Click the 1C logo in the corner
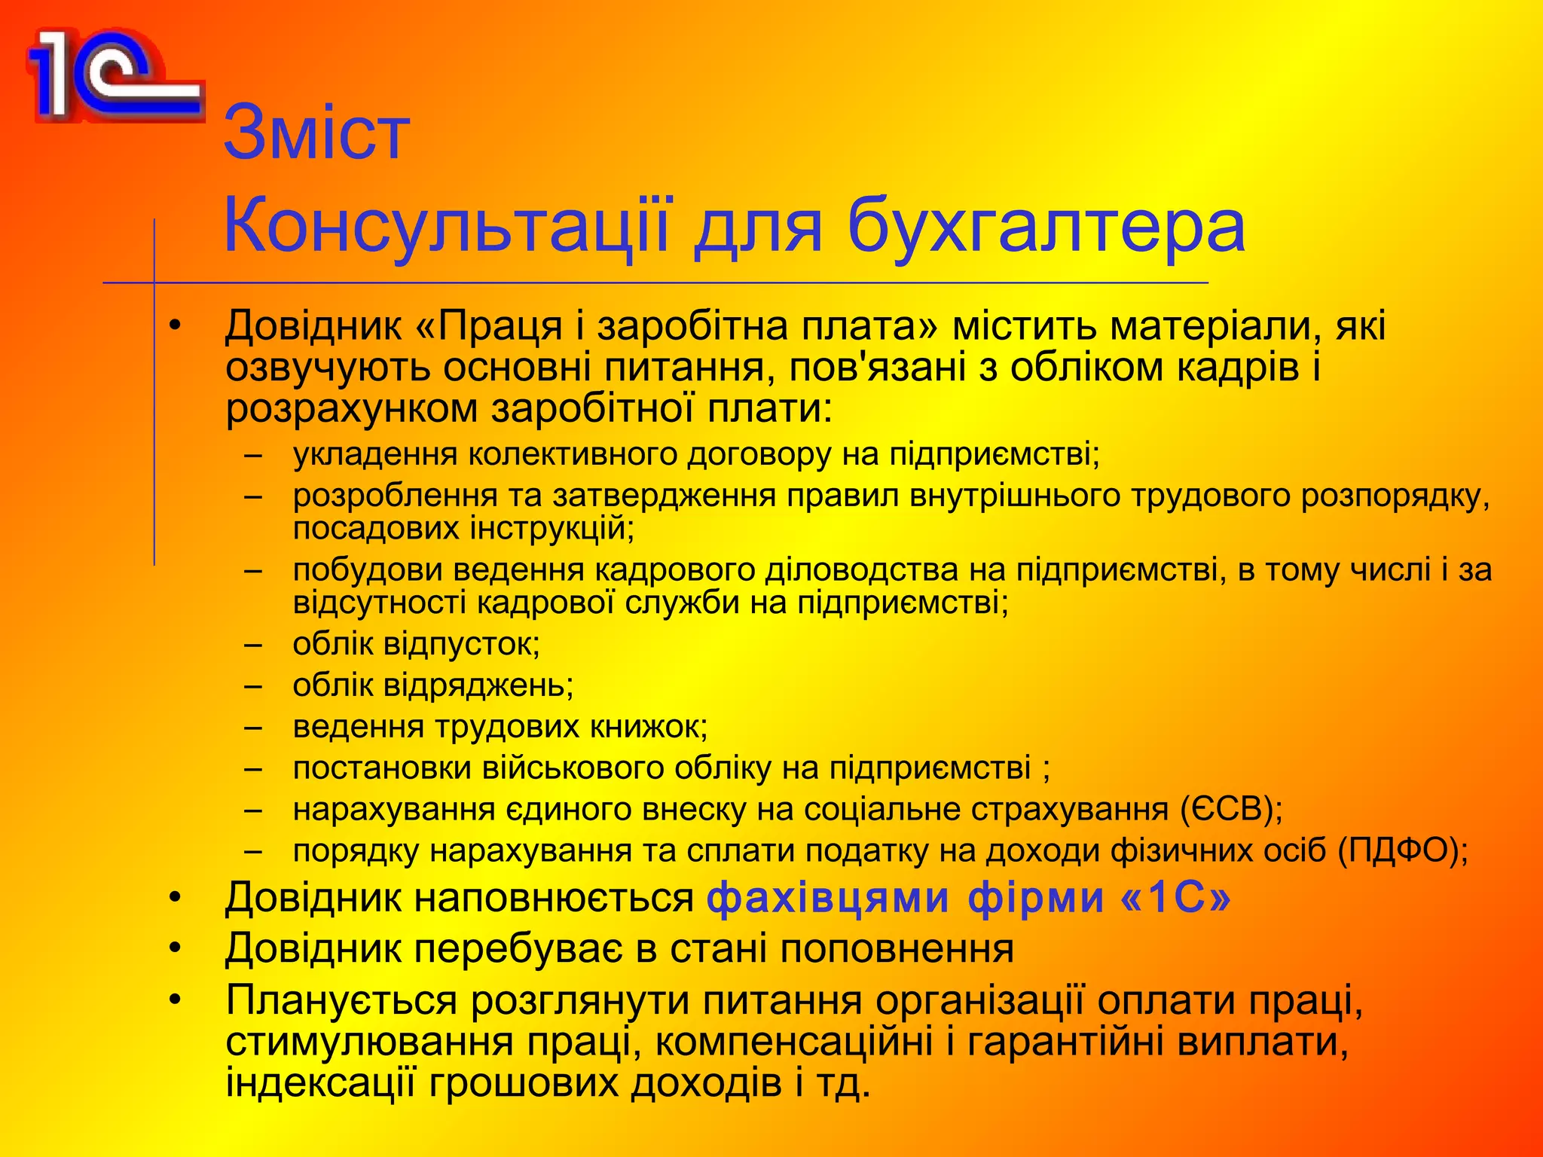tap(113, 75)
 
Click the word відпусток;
tap(462, 644)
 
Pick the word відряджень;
tap(478, 685)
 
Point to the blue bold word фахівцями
tap(829, 898)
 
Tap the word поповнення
tap(896, 948)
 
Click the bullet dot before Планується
tap(176, 1000)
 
